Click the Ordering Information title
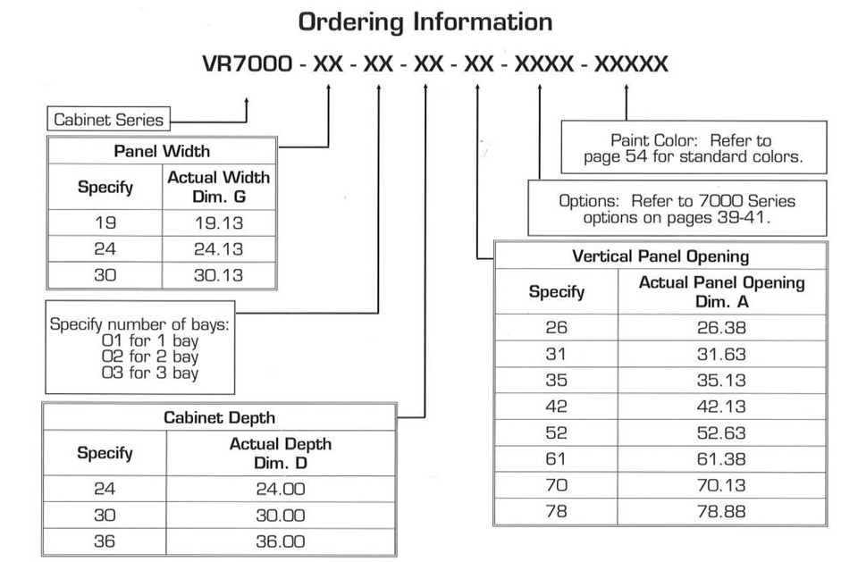pyautogui.click(x=425, y=22)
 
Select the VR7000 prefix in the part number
pyautogui.click(x=248, y=64)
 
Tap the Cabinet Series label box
pyautogui.click(x=108, y=119)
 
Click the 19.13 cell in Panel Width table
pyautogui.click(x=219, y=222)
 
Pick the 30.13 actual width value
pyautogui.click(x=219, y=275)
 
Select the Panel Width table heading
pyautogui.click(x=162, y=151)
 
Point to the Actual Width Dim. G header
pyautogui.click(x=219, y=187)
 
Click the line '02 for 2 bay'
pyautogui.click(x=150, y=356)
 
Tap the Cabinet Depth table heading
pyautogui.click(x=220, y=417)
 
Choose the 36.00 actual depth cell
pyautogui.click(x=280, y=541)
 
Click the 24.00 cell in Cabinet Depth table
pyautogui.click(x=280, y=489)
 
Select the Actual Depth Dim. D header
pyautogui.click(x=280, y=453)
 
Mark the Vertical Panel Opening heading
pyautogui.click(x=660, y=256)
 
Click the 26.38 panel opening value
pyautogui.click(x=721, y=328)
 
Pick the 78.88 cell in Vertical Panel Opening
pyautogui.click(x=721, y=512)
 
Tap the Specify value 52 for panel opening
pyautogui.click(x=556, y=432)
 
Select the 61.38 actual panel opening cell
pyautogui.click(x=721, y=459)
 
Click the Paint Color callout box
pyautogui.click(x=694, y=147)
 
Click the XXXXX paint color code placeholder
pyautogui.click(x=631, y=64)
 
